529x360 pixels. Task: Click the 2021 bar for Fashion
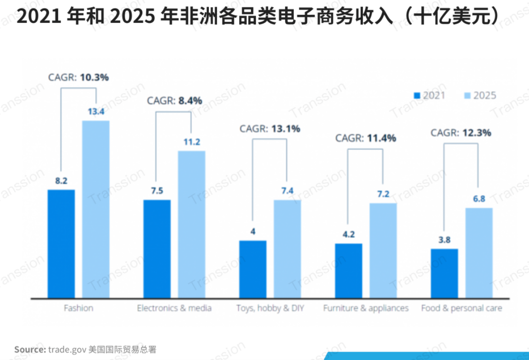tap(61, 244)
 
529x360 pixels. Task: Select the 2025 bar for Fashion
tap(96, 209)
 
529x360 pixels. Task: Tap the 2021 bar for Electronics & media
tap(157, 249)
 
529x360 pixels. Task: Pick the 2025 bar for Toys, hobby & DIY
tap(287, 249)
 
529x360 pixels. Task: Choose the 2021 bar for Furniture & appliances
tap(349, 271)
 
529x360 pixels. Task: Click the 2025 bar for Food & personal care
tap(479, 253)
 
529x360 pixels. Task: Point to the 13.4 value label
tap(96, 112)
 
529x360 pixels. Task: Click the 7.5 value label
tap(157, 191)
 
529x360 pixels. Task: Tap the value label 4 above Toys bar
tap(253, 232)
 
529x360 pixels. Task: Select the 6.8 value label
tap(479, 199)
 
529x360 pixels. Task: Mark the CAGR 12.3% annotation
tap(461, 133)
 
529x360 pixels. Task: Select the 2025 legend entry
tap(481, 95)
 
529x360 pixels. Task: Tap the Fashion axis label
tap(79, 308)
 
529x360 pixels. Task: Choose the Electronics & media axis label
tap(174, 308)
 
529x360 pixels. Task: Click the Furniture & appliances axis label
tap(366, 308)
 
